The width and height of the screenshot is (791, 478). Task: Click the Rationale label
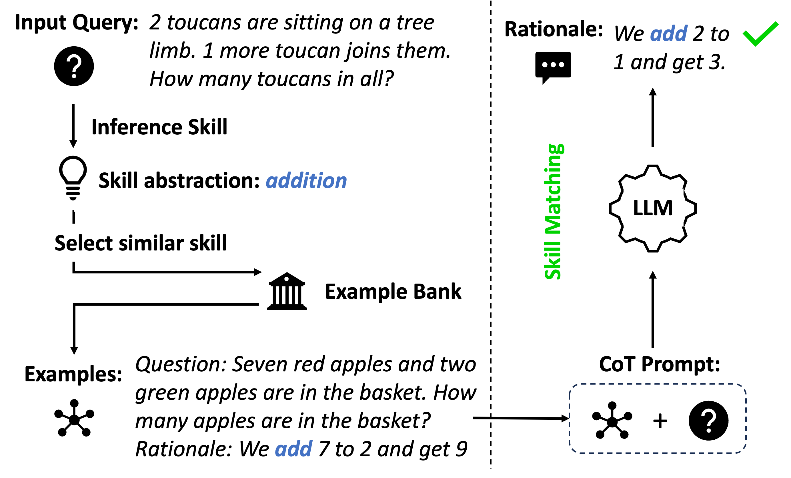pyautogui.click(x=554, y=29)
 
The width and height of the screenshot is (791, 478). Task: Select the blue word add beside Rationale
pyautogui.click(x=669, y=33)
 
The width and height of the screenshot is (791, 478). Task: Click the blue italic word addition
pyautogui.click(x=306, y=180)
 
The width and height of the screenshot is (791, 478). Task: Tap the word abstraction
pyautogui.click(x=201, y=180)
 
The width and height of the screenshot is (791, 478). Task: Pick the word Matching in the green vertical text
pyautogui.click(x=553, y=188)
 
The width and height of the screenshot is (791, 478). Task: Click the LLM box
pyautogui.click(x=653, y=208)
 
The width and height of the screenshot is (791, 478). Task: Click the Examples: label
pyautogui.click(x=73, y=374)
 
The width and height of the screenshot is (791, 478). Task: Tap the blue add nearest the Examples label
pyautogui.click(x=293, y=449)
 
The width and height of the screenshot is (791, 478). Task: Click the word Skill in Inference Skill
pyautogui.click(x=207, y=127)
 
